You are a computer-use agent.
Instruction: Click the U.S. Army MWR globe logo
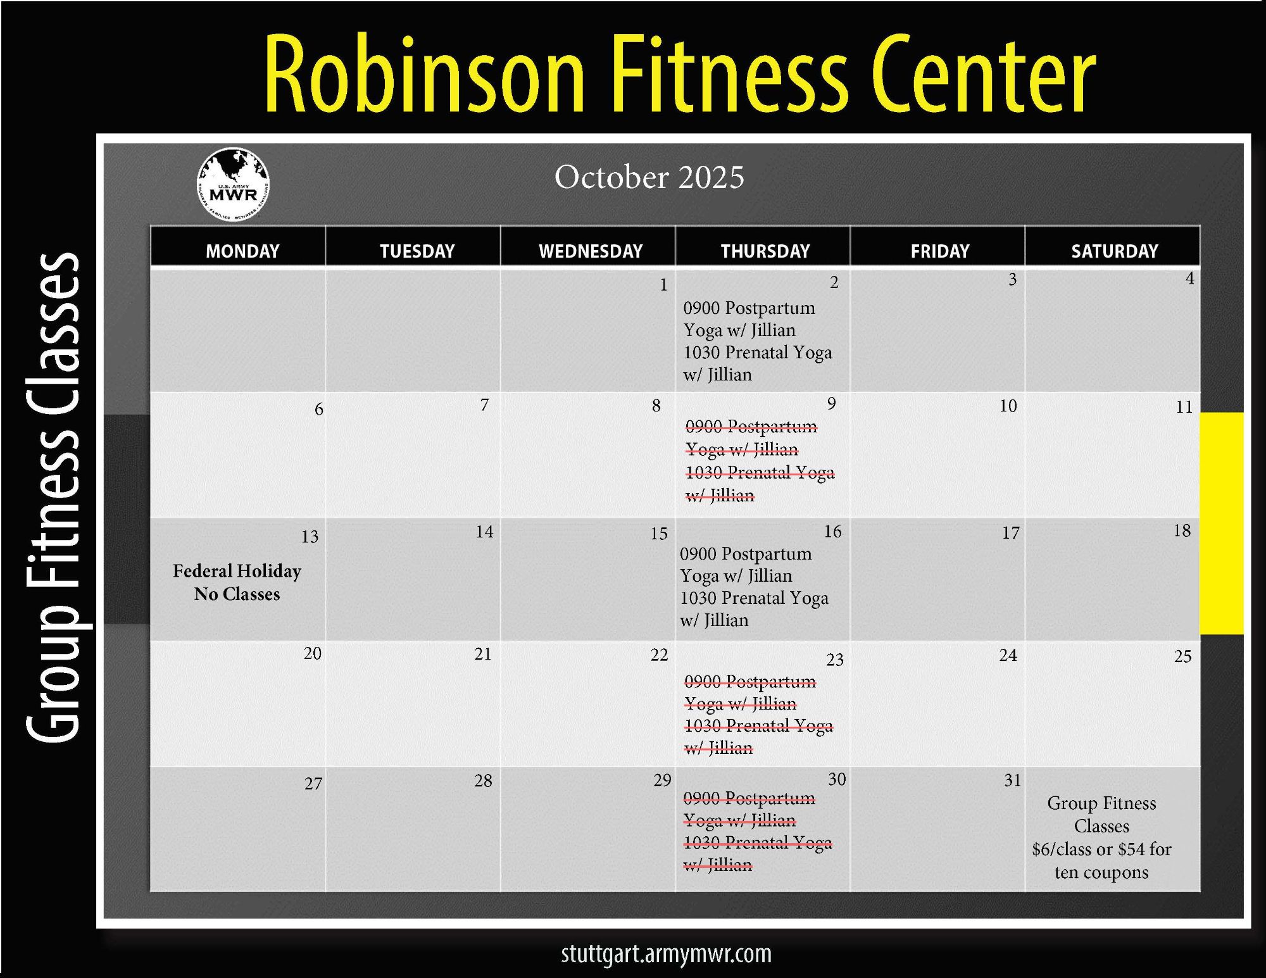(234, 185)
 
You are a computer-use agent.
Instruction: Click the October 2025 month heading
(649, 177)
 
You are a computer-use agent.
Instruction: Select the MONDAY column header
(242, 251)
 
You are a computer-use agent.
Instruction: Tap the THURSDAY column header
(765, 251)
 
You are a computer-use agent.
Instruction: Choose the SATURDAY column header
(1115, 251)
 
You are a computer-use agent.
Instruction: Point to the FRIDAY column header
(940, 251)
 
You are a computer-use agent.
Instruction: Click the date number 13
(310, 537)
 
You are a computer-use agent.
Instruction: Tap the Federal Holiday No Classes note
(237, 582)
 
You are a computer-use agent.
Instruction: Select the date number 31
(1013, 781)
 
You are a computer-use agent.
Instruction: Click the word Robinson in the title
(423, 74)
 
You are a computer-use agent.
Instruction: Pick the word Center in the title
(984, 74)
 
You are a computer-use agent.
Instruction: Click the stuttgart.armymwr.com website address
(666, 954)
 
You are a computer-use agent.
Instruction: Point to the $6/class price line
(1101, 849)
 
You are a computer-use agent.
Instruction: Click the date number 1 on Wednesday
(663, 285)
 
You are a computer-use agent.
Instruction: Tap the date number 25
(1182, 656)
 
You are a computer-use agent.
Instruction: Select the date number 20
(312, 653)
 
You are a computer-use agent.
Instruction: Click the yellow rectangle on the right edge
(1222, 523)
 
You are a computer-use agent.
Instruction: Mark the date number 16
(832, 532)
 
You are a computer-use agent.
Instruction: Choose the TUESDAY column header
(417, 251)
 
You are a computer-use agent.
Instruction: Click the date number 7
(484, 404)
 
